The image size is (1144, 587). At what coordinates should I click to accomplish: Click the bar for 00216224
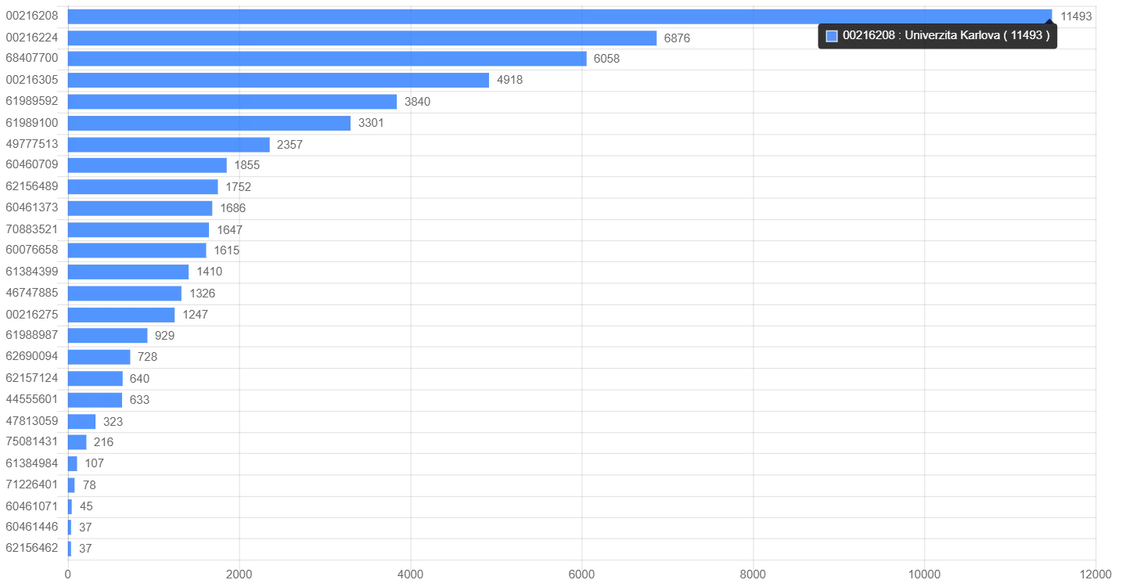tap(362, 38)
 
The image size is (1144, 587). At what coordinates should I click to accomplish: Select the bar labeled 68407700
tap(327, 59)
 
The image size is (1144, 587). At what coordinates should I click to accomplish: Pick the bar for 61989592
tap(232, 102)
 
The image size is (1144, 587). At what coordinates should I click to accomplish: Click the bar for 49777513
tap(169, 145)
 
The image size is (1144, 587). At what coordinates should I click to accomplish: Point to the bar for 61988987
tap(108, 336)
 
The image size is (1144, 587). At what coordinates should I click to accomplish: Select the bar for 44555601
tap(95, 400)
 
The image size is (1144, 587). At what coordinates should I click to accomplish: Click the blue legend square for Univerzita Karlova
tap(832, 36)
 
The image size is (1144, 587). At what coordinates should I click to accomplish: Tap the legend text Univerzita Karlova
tap(946, 35)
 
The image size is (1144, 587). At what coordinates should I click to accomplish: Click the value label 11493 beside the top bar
tap(1076, 16)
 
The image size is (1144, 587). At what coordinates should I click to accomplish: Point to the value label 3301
tap(371, 123)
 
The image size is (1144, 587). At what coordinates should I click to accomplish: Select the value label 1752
tap(239, 187)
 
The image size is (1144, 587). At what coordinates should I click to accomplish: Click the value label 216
tap(103, 442)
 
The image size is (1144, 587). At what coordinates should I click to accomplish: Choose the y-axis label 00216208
tap(32, 16)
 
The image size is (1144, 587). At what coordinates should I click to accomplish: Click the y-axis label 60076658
tap(32, 250)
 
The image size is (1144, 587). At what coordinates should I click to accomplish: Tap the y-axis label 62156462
tap(32, 548)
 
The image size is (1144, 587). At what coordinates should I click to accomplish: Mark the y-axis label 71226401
tap(32, 484)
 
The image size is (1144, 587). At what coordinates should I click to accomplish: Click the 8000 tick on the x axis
tap(753, 575)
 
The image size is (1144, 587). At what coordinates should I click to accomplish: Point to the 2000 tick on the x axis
tap(239, 575)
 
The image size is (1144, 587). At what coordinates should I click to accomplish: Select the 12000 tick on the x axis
tap(1095, 575)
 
